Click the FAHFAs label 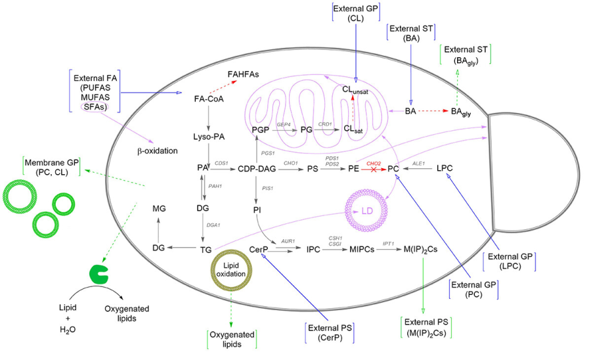[243, 74]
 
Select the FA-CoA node [209, 99]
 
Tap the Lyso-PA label [209, 137]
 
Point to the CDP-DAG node [257, 169]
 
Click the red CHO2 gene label [374, 164]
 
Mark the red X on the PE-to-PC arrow [374, 169]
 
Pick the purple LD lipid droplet [366, 210]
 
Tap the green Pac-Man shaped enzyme [98, 274]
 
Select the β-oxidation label [157, 151]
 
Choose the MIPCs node [362, 249]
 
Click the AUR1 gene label [288, 241]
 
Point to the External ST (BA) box [411, 33]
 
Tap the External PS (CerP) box [330, 332]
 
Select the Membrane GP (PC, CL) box [52, 167]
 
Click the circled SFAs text [95, 107]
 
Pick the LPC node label [445, 168]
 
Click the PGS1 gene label [268, 153]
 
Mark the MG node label [159, 208]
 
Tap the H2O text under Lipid [68, 330]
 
